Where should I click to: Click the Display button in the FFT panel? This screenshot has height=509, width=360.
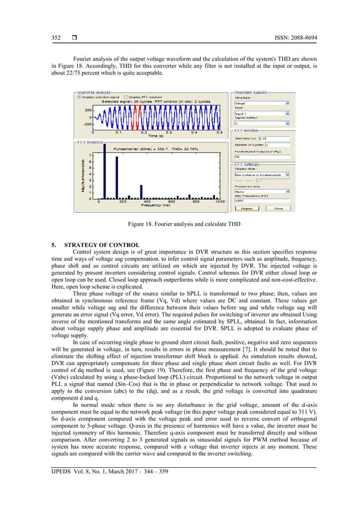click(247, 208)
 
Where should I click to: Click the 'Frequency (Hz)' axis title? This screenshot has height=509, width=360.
click(158, 206)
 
